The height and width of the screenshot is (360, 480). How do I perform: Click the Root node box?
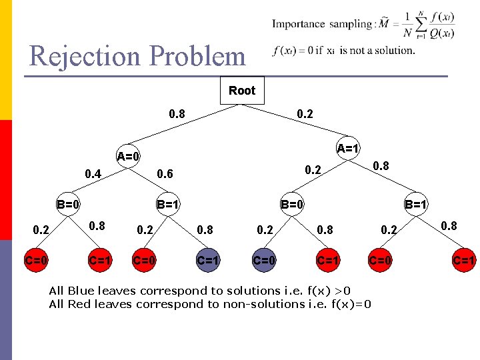[x=242, y=91]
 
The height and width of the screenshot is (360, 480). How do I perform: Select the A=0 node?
[x=129, y=157]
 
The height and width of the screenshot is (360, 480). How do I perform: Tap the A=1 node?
[x=348, y=147]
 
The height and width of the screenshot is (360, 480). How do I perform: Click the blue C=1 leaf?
[x=208, y=260]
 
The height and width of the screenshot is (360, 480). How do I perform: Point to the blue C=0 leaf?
[x=264, y=260]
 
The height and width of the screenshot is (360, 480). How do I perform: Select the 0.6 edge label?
[x=164, y=174]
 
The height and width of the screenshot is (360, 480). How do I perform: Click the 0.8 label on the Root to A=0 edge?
[x=177, y=114]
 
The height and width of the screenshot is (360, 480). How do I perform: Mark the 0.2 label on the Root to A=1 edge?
[x=305, y=114]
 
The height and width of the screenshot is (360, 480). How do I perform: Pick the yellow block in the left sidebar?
[x=6, y=60]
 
